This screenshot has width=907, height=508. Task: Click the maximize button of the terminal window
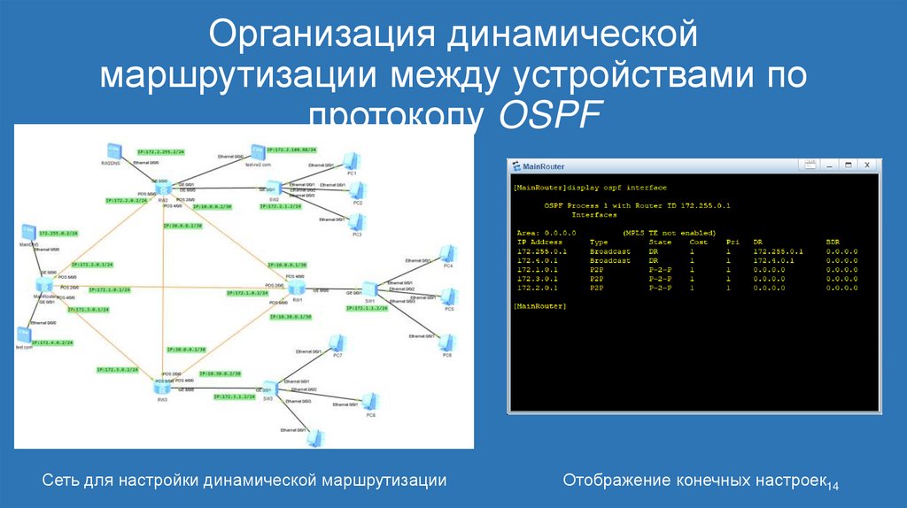pos(847,165)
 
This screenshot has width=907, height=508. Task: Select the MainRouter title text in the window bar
pos(543,166)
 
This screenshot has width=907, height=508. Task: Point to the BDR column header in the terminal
pos(833,241)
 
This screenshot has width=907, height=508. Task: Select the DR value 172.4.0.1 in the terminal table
pos(773,261)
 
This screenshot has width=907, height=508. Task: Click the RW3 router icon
pos(163,387)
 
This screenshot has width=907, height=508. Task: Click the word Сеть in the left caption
pos(60,480)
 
